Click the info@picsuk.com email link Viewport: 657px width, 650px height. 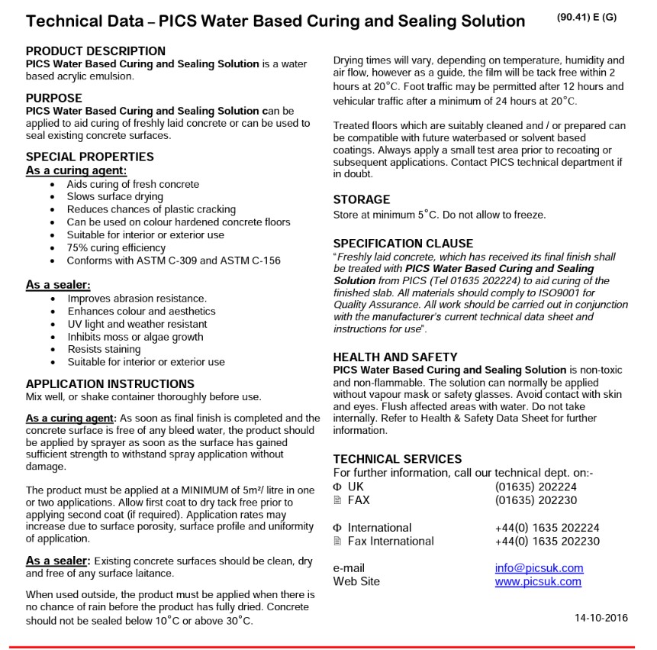click(539, 568)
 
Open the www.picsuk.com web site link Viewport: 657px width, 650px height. click(538, 581)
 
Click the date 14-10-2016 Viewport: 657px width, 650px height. click(601, 618)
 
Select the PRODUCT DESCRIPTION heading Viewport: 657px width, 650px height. click(95, 51)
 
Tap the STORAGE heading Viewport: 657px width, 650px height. click(361, 199)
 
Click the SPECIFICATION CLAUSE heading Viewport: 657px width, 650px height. click(403, 244)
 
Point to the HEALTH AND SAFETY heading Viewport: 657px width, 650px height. click(395, 357)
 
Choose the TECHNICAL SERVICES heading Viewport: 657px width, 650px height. click(397, 459)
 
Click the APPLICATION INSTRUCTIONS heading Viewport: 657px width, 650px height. click(110, 383)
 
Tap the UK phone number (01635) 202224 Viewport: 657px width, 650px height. click(536, 487)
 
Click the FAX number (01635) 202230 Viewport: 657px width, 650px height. click(536, 500)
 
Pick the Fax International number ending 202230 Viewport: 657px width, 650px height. click(546, 541)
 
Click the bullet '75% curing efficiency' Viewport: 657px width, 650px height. click(116, 247)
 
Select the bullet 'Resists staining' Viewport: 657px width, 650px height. click(105, 349)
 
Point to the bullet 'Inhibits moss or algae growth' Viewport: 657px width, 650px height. click(135, 337)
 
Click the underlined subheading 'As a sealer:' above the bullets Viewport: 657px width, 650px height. click(58, 285)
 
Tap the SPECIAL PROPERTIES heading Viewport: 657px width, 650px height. click(89, 157)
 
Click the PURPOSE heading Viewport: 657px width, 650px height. click(53, 98)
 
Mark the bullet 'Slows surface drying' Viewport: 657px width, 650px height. click(114, 196)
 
